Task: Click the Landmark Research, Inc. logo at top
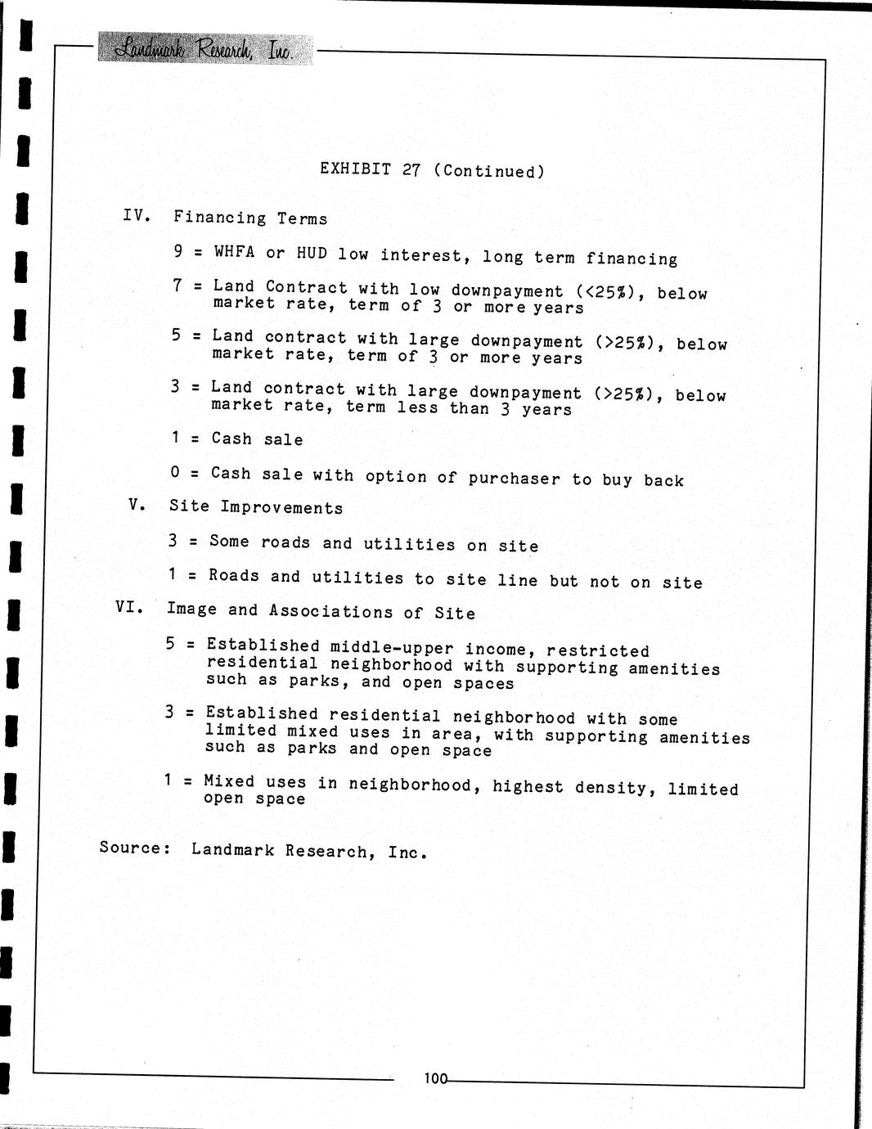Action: (x=205, y=49)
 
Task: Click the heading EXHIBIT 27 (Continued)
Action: (x=432, y=170)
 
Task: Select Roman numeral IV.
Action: (x=137, y=215)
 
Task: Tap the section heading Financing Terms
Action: (x=250, y=218)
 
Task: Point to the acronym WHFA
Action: (x=234, y=252)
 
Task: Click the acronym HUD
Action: (x=312, y=254)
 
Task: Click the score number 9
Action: (x=178, y=251)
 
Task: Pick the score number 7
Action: (x=178, y=285)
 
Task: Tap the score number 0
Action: (x=175, y=472)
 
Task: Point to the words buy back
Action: (x=643, y=480)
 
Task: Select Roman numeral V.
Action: (x=137, y=504)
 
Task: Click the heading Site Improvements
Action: (x=256, y=507)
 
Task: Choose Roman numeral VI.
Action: (x=130, y=607)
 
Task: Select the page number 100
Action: (x=435, y=1078)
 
